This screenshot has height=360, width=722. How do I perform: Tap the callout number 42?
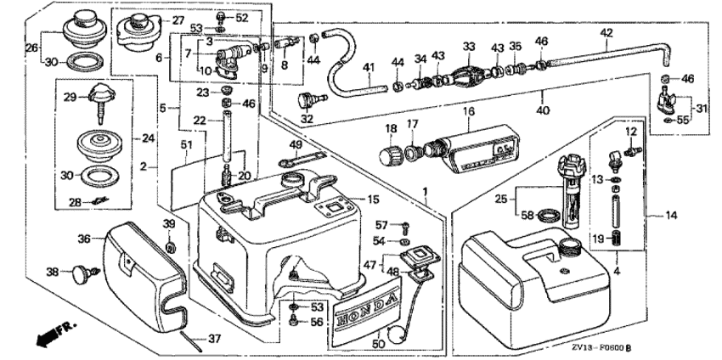pyautogui.click(x=606, y=33)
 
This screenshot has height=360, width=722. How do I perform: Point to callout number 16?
pyautogui.click(x=467, y=111)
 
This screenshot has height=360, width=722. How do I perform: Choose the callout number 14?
pyautogui.click(x=672, y=216)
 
